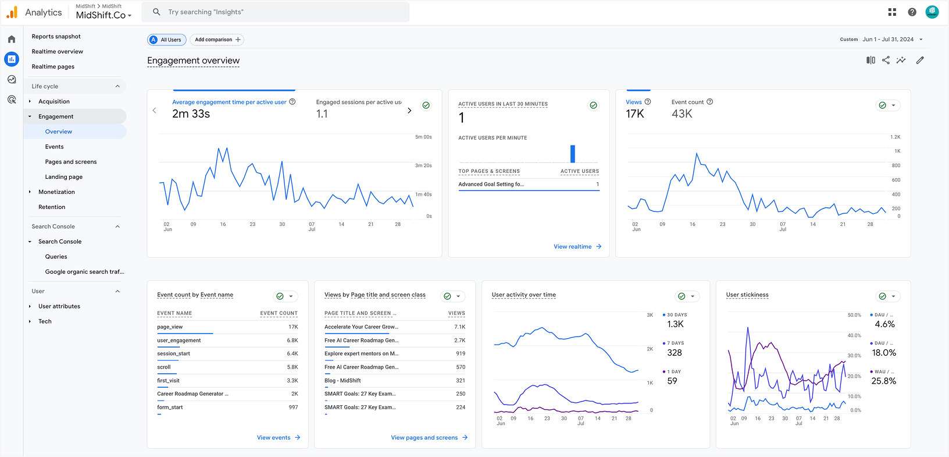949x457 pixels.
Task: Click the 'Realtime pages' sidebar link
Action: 53,66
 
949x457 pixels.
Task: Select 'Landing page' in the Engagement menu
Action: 63,177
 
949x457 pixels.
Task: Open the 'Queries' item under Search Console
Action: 56,257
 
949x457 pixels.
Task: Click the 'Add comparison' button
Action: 217,40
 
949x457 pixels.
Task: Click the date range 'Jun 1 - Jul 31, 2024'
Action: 888,40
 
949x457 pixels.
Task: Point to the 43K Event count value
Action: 682,114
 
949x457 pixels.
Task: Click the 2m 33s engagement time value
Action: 191,114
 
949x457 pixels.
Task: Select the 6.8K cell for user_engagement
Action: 292,341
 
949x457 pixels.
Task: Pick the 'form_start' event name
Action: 170,408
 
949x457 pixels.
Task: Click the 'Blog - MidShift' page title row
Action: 343,381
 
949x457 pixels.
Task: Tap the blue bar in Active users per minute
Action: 573,154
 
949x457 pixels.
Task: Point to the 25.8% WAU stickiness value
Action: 883,381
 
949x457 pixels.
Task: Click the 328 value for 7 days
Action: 675,353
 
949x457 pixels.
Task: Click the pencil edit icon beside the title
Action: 920,60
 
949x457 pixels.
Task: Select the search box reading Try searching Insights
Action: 279,12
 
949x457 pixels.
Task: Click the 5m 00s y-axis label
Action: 423,137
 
